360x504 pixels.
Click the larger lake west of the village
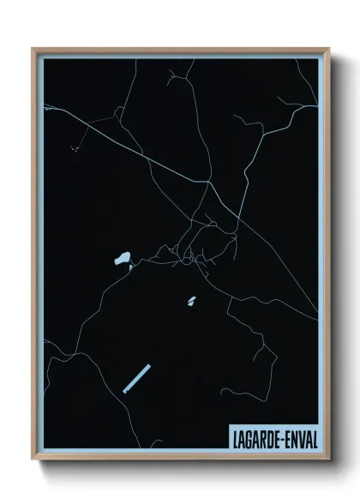[x=122, y=258]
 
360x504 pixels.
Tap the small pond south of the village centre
[x=191, y=300]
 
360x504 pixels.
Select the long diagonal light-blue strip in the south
[x=136, y=379]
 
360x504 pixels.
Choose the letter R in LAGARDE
[x=266, y=438]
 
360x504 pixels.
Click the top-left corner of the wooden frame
[x=33, y=49]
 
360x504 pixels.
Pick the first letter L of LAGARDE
[x=234, y=438]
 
